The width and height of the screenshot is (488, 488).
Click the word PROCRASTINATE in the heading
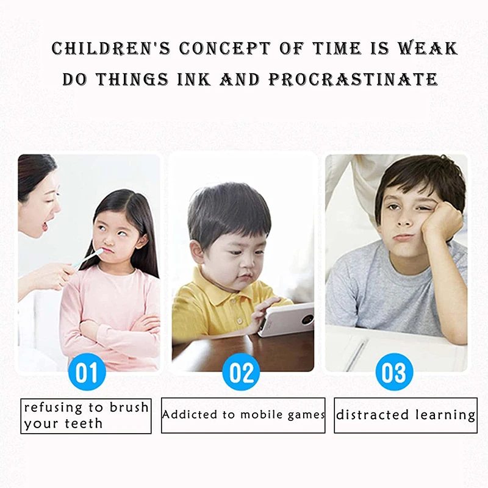point(353,79)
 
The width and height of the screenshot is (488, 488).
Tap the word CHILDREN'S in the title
point(111,49)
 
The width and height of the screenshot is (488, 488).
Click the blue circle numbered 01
point(87,371)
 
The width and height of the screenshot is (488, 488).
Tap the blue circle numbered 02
point(241,371)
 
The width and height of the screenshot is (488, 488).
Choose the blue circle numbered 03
point(394,371)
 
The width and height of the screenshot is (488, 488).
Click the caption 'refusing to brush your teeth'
point(86,415)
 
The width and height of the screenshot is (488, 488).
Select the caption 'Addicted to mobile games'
point(243,415)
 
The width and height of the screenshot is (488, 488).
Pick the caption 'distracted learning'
point(406,415)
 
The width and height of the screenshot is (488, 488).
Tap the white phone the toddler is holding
point(285,320)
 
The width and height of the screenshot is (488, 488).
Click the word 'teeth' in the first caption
point(84,423)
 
